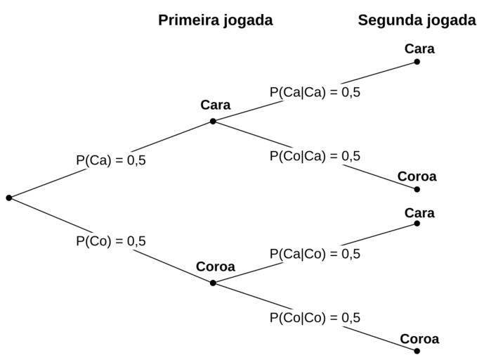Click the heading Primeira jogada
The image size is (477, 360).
(215, 20)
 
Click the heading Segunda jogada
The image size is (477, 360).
(417, 20)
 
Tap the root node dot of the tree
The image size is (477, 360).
(9, 198)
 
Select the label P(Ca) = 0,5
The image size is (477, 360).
(111, 160)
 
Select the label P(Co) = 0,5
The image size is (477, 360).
(111, 241)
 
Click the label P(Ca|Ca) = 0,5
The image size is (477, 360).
(315, 92)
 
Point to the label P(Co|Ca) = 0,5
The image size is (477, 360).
(315, 156)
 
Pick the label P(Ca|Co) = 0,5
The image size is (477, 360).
(315, 254)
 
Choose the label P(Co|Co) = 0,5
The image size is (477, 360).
(315, 318)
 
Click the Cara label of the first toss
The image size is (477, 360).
(215, 105)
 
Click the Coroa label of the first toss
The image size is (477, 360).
(215, 267)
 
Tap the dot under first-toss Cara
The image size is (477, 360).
(213, 121)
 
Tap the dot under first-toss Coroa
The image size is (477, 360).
(213, 283)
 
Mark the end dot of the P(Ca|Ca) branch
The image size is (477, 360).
(417, 62)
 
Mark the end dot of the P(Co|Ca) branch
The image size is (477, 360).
(417, 189)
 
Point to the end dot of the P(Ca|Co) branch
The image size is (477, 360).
(417, 224)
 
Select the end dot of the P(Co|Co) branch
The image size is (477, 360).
(417, 351)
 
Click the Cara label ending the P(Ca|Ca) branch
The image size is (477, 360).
(419, 49)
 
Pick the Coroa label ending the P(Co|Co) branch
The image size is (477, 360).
(419, 340)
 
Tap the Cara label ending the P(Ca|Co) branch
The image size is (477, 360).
(419, 213)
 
